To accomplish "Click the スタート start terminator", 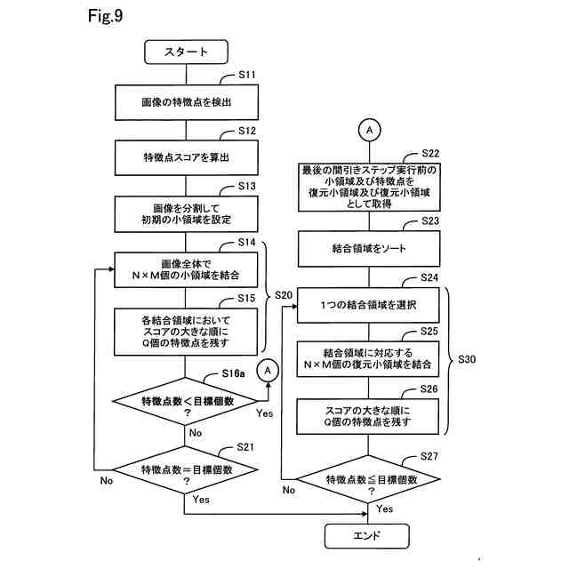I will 187,52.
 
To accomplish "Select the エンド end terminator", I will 367,535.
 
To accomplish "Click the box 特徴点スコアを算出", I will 187,157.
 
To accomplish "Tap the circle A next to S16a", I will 267,368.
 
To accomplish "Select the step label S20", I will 284,294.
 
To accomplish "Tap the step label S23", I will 430,221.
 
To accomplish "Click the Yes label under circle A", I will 264,413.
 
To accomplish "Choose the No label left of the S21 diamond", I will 107,481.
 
